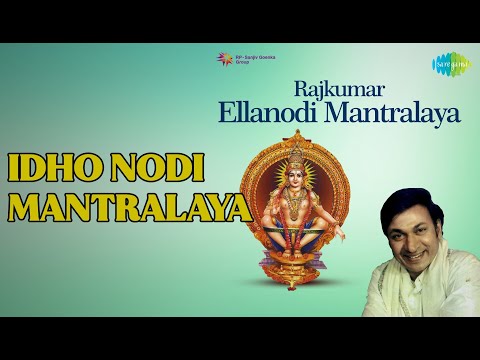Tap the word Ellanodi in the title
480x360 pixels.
click(x=262, y=111)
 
